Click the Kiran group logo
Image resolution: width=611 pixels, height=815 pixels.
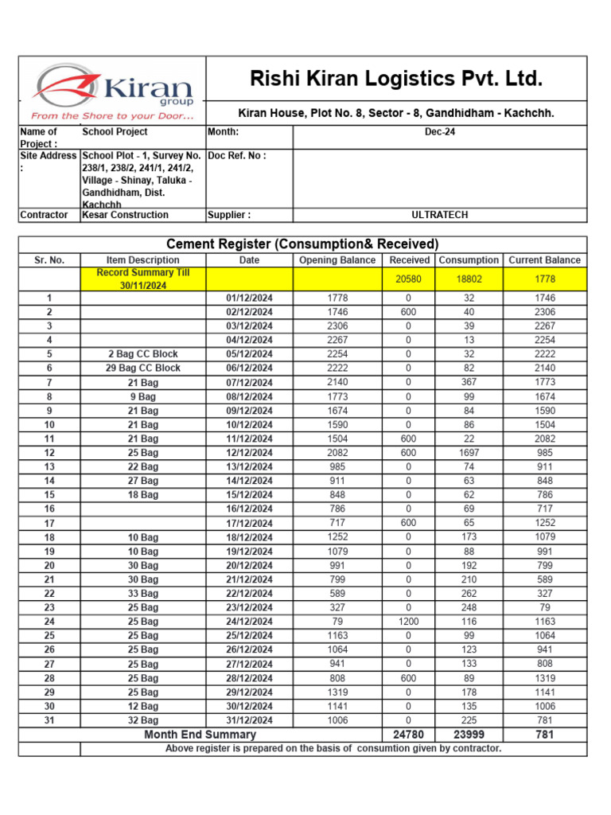[112, 92]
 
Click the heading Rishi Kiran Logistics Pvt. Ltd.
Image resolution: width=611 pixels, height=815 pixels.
[396, 79]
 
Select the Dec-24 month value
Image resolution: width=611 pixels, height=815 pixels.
[439, 132]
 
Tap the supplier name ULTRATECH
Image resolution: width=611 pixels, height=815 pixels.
[439, 215]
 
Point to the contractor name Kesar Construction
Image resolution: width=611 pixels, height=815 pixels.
[126, 215]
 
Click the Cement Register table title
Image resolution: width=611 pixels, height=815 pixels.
[302, 244]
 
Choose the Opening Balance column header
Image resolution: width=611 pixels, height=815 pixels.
[337, 260]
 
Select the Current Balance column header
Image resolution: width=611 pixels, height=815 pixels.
[544, 260]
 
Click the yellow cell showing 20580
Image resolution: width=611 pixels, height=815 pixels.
[409, 279]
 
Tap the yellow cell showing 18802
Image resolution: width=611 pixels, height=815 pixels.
[468, 279]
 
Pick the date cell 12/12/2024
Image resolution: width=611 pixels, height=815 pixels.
[249, 453]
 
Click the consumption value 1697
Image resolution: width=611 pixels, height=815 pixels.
[468, 453]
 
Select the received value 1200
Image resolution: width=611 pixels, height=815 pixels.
[409, 622]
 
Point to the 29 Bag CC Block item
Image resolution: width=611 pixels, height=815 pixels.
[143, 369]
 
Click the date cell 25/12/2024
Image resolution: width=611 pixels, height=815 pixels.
[249, 636]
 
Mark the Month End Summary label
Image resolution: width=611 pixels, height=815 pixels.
[200, 735]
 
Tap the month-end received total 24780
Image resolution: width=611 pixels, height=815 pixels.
[409, 735]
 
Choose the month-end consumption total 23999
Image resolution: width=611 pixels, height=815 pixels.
[468, 735]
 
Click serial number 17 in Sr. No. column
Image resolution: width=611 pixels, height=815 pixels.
[49, 524]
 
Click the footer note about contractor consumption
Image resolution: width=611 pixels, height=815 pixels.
[333, 749]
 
